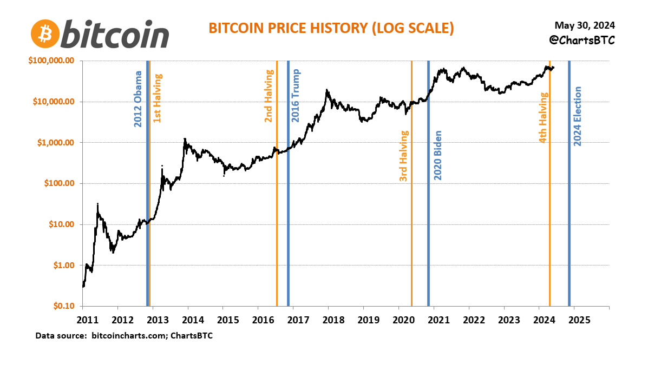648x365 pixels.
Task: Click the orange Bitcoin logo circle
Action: tap(45, 34)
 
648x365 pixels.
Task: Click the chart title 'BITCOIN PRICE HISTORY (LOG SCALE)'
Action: tap(331, 28)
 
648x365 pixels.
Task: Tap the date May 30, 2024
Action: tap(585, 25)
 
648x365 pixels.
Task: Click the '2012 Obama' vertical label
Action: tap(139, 99)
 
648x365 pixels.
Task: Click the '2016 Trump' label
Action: tap(296, 96)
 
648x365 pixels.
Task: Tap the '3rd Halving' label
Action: tap(403, 156)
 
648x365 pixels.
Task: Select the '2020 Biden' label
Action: tap(438, 155)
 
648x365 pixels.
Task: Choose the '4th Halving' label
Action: tap(543, 117)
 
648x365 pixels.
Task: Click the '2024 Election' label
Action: tap(577, 116)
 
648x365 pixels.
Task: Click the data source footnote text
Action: tap(124, 336)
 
